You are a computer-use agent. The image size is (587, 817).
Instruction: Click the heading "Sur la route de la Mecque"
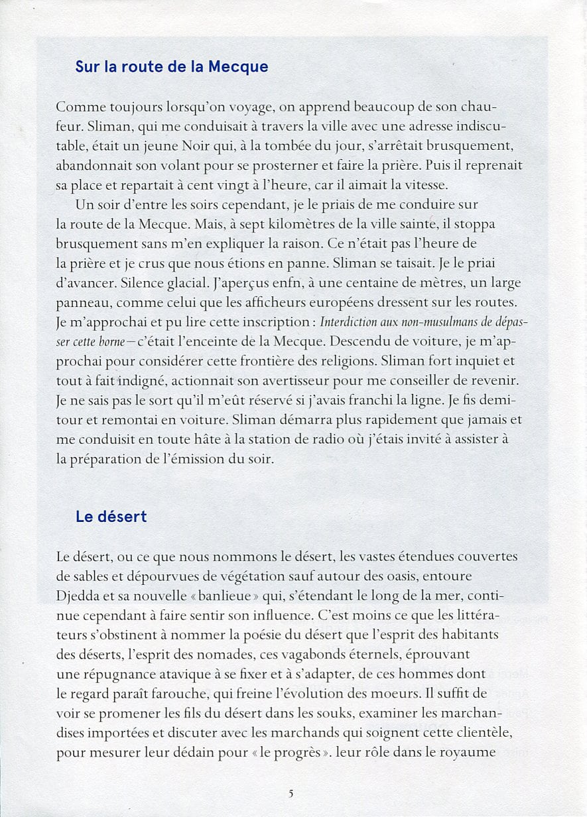171,67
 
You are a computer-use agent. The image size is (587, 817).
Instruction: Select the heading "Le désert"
111,517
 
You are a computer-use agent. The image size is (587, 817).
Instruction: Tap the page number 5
291,793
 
